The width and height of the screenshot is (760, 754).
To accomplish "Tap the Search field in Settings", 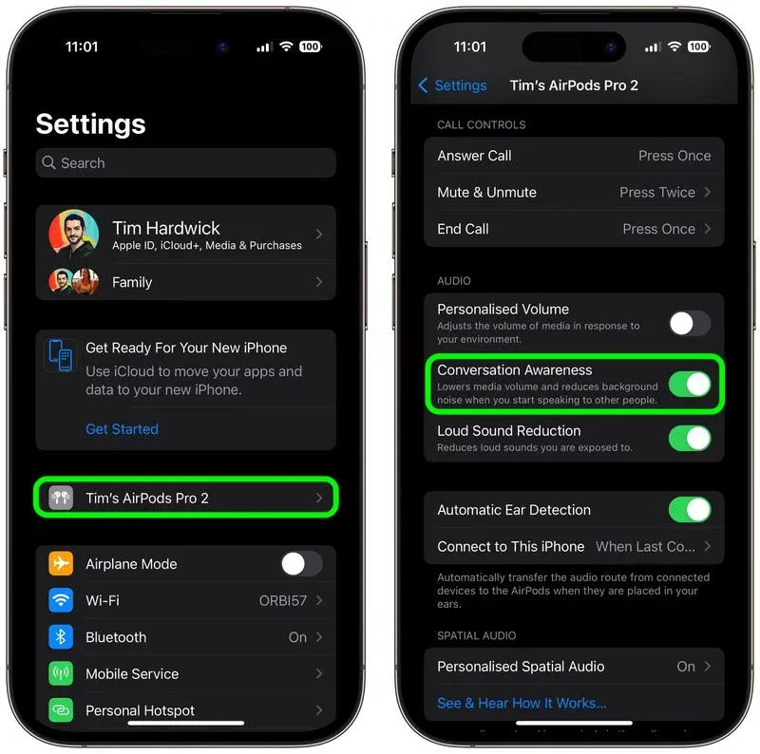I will click(185, 163).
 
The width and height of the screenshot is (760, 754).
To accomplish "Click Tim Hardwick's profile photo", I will click(73, 234).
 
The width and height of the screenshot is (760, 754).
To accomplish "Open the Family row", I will click(131, 282).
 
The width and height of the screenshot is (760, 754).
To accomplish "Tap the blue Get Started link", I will click(122, 429).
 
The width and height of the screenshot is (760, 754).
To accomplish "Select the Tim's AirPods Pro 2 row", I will click(186, 498).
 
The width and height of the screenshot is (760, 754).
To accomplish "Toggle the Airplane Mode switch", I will click(301, 564).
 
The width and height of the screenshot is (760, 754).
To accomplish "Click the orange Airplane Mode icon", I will click(61, 564).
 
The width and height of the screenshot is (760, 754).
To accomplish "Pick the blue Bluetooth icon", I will click(61, 637).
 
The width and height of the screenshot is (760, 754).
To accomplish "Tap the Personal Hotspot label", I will click(140, 710).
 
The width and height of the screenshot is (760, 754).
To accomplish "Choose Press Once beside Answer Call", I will click(674, 156).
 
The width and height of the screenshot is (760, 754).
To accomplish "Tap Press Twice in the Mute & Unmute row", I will click(656, 192).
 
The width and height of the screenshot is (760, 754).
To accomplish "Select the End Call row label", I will click(463, 229).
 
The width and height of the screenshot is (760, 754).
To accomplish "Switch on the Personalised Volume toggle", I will click(689, 323).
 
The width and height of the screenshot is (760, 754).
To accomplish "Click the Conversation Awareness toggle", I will click(689, 384).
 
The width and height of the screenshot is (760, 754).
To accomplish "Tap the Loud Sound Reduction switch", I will click(689, 438).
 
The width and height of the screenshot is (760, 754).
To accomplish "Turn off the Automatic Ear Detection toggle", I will click(689, 510).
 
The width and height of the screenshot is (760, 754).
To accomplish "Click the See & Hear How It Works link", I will click(522, 704).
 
